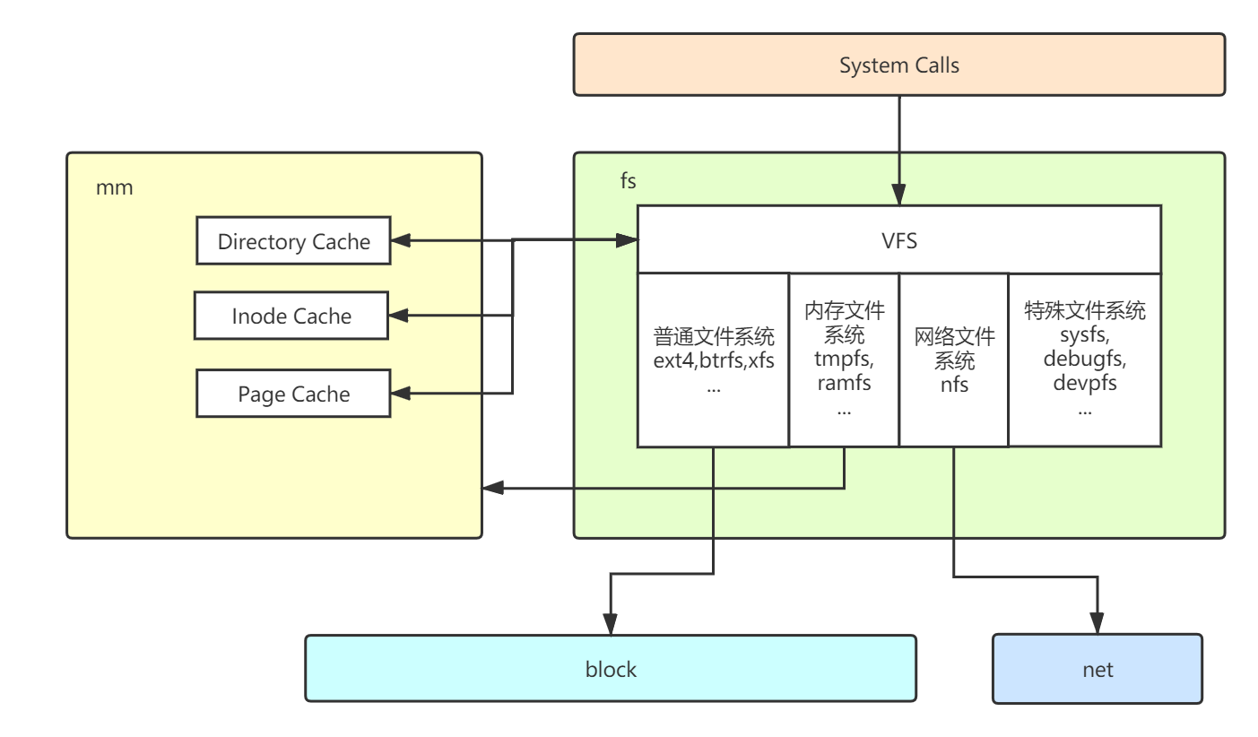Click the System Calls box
(898, 65)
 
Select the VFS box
(898, 240)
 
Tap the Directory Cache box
(293, 241)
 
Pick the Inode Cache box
(291, 316)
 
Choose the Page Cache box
(293, 394)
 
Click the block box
(610, 669)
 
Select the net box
(1097, 669)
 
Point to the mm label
(114, 188)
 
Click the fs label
(628, 181)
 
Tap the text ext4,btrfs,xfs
(714, 361)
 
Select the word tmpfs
(843, 360)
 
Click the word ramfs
(843, 383)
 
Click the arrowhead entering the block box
(611, 625)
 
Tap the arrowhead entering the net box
(1097, 625)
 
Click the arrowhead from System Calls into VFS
(898, 195)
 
